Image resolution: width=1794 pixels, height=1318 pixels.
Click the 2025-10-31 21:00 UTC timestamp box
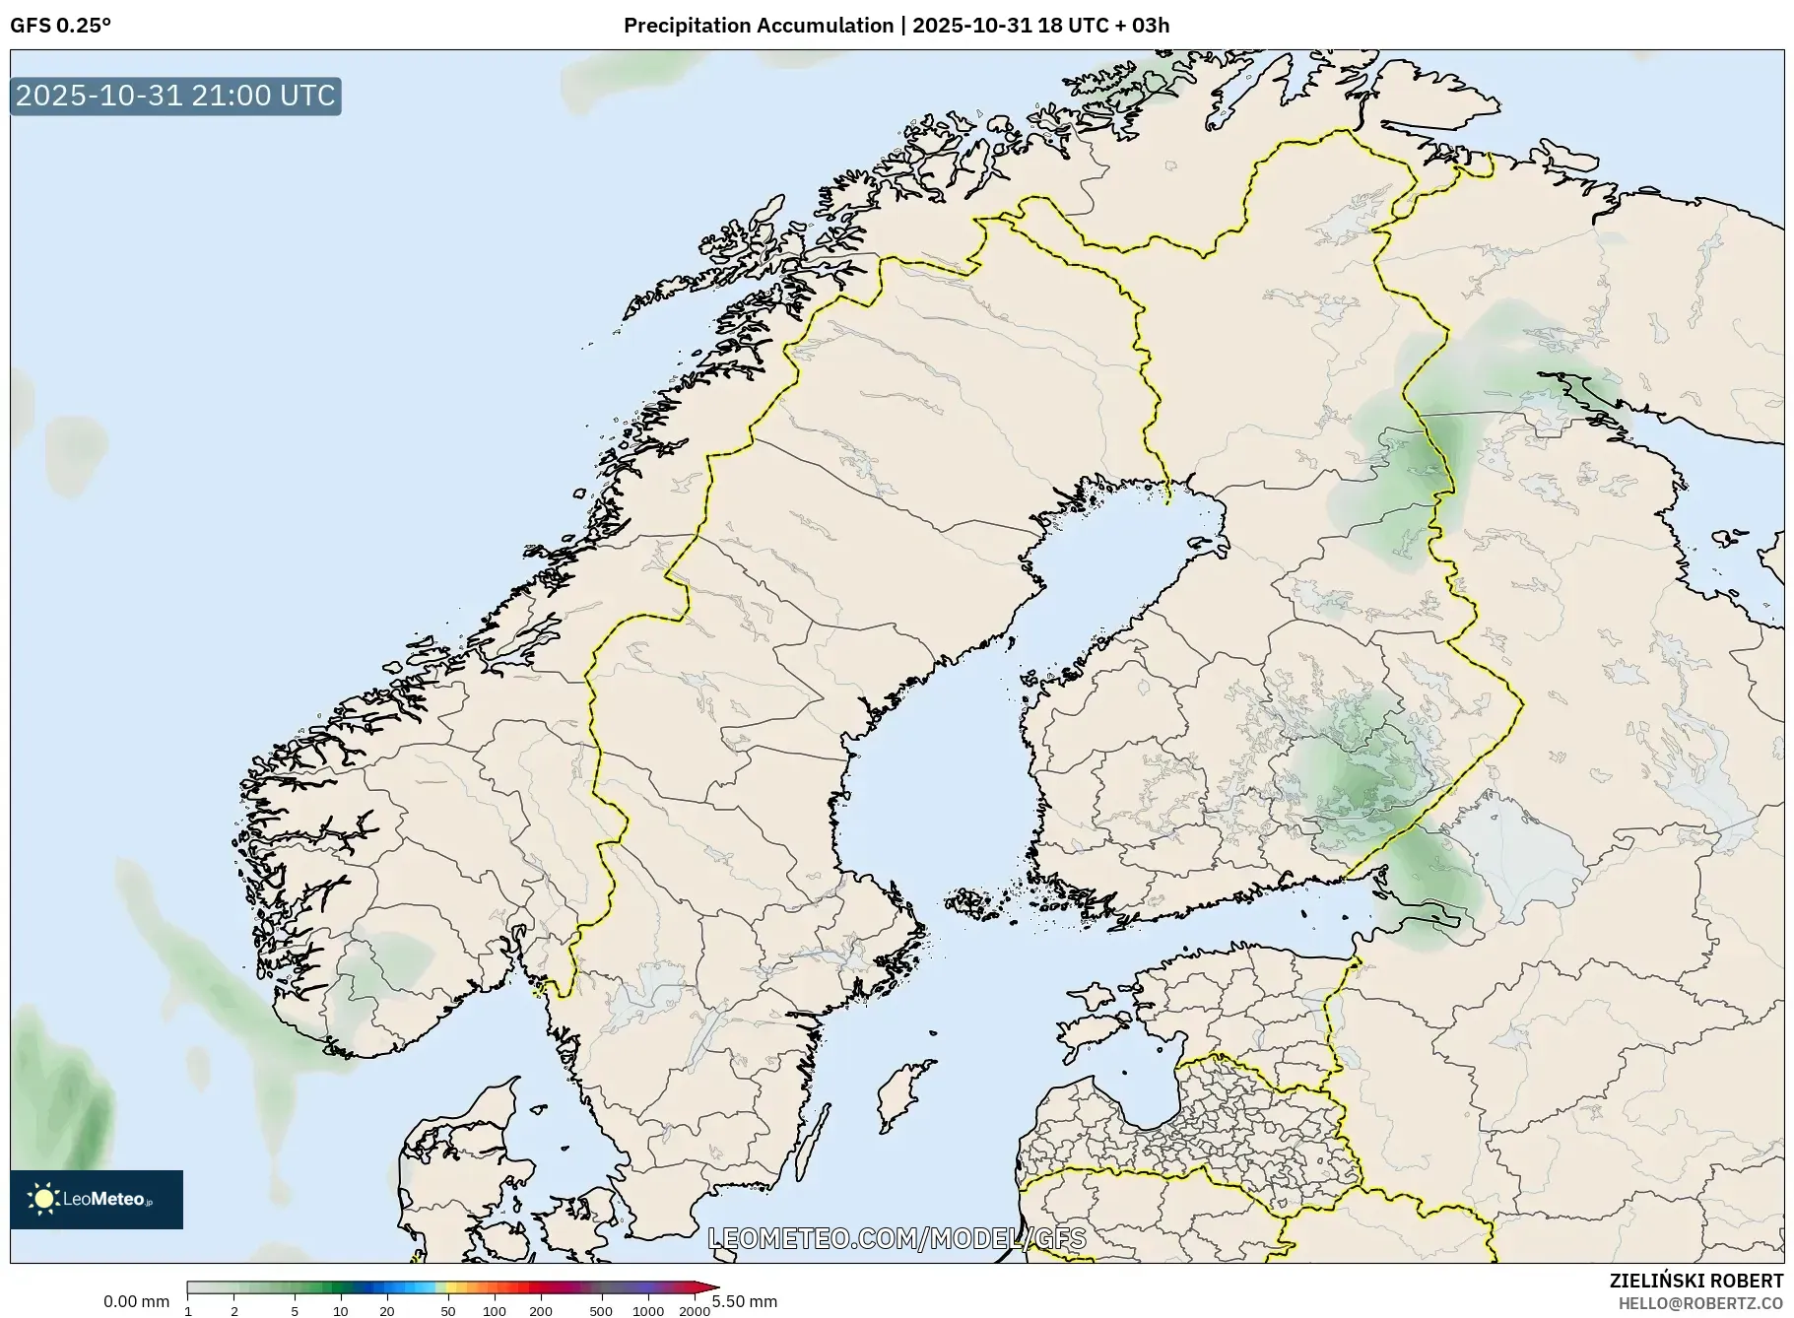click(175, 96)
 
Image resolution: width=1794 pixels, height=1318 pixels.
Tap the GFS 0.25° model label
click(60, 26)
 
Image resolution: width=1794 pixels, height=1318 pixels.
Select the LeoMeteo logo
click(97, 1199)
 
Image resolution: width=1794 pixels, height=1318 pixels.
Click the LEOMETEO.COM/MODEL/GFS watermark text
click(897, 1238)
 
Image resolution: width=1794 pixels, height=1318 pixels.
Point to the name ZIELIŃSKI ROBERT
click(1695, 1281)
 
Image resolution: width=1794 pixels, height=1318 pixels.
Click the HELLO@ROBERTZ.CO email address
click(1699, 1303)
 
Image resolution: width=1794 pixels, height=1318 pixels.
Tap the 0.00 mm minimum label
click(136, 1301)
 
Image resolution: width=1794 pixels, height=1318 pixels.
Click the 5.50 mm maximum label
click(745, 1301)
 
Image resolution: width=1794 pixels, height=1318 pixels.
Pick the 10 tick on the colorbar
click(340, 1310)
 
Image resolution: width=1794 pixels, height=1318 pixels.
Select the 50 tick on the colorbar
click(447, 1310)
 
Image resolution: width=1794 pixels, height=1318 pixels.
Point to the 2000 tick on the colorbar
click(695, 1310)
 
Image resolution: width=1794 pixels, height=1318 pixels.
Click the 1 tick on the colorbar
click(188, 1310)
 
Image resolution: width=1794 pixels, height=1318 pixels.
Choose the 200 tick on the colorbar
click(540, 1310)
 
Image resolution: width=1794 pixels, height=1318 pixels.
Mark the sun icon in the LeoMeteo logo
click(43, 1199)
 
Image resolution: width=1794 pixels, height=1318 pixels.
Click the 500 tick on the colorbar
click(601, 1310)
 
